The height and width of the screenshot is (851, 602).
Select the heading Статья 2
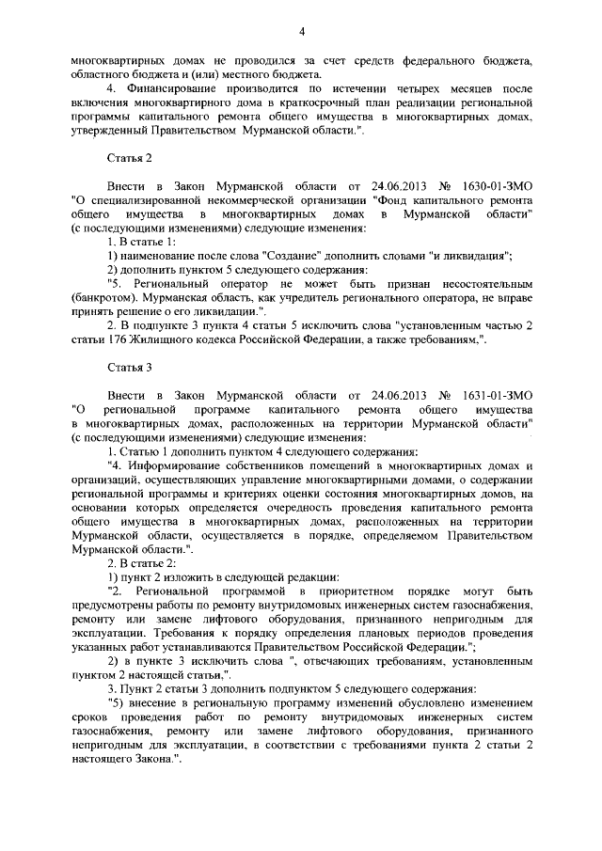(x=129, y=157)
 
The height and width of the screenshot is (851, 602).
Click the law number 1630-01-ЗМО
(x=491, y=186)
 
